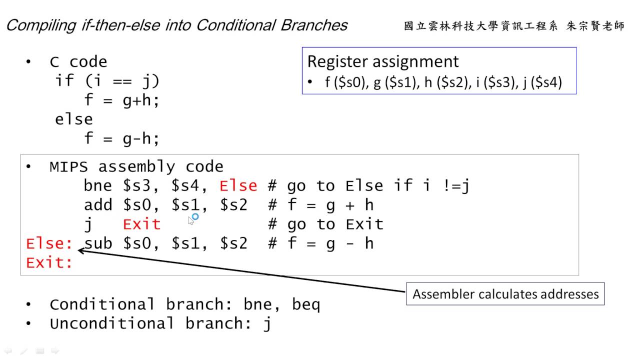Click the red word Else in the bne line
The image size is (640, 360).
238,186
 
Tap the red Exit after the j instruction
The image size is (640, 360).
141,224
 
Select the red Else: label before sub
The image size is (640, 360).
49,243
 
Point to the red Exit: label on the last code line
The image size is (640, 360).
49,262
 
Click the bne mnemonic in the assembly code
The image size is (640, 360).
98,186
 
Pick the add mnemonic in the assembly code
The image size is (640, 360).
98,205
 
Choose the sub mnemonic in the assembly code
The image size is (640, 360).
98,243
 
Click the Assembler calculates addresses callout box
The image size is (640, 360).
505,294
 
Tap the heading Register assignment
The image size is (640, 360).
382,61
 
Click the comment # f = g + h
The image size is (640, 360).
320,205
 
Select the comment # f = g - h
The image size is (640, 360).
320,243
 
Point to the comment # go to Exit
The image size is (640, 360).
325,224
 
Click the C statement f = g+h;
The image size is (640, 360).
121,100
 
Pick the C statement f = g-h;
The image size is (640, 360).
121,138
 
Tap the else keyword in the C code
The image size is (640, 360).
74,119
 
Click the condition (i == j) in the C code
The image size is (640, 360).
122,81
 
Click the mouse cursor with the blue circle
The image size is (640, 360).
192,218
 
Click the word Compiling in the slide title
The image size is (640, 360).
40,25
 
